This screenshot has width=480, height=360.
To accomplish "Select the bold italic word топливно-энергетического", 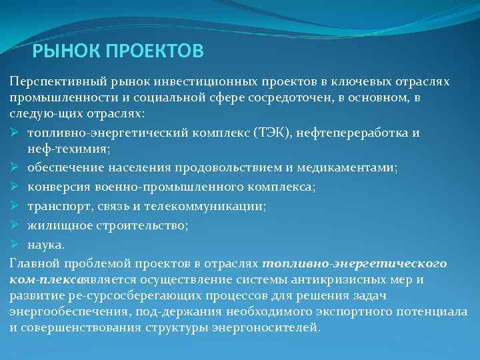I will [355, 263].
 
